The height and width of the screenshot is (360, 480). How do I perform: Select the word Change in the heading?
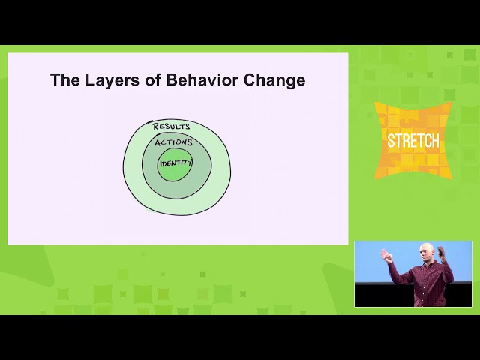(274, 80)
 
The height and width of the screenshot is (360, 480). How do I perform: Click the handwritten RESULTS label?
(172, 127)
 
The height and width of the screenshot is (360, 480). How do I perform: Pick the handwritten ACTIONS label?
(173, 142)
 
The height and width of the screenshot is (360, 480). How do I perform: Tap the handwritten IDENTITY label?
(175, 161)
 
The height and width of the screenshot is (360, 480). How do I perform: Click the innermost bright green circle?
(175, 171)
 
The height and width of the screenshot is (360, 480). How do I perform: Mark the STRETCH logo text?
(413, 140)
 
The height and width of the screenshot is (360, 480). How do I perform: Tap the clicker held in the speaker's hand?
(382, 252)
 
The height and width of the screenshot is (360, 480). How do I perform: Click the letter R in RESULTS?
(156, 126)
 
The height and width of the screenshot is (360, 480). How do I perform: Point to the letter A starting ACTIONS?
(157, 142)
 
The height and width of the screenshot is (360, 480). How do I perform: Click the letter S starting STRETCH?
(391, 140)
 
